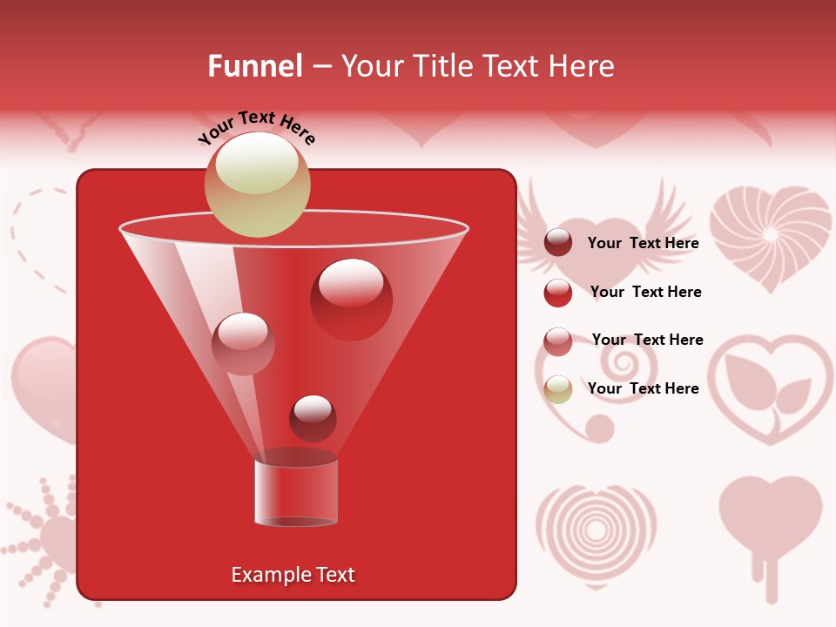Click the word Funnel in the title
pos(254,66)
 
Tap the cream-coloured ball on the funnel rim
pos(257,184)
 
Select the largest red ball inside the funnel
pos(351,299)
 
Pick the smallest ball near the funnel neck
pos(313,418)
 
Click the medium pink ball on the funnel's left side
pos(243,343)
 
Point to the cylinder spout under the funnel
pos(296,493)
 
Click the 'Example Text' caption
pos(293,575)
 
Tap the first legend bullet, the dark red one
pos(558,243)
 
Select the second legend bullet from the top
pos(558,292)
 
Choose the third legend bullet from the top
pos(558,340)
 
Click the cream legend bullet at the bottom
pos(558,389)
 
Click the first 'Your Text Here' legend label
pos(643,243)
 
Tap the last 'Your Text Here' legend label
pos(643,388)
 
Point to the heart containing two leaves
pos(769,388)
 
